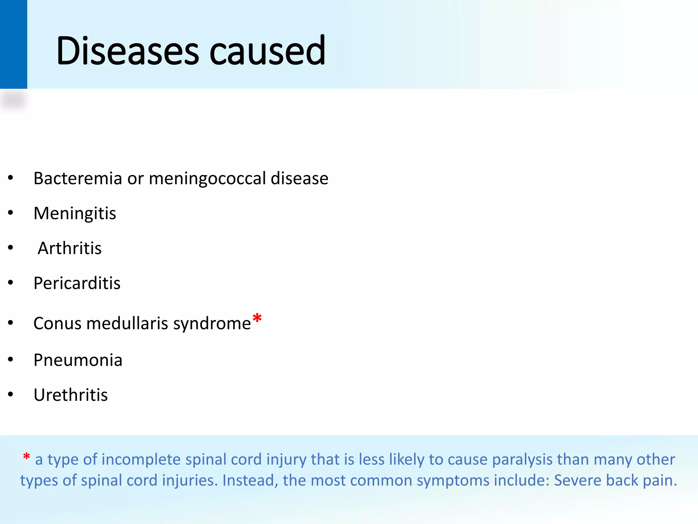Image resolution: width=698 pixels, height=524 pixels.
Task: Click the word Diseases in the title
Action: (127, 51)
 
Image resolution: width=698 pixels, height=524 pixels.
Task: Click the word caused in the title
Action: (267, 51)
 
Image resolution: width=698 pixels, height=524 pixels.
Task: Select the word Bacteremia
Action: (78, 178)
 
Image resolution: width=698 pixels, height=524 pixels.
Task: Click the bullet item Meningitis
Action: (75, 214)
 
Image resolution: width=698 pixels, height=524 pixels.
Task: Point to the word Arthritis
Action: (70, 248)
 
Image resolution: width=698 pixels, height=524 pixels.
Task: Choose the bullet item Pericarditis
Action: (77, 283)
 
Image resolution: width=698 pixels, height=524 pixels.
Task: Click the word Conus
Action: (57, 323)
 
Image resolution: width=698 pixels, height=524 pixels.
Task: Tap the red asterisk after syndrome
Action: (257, 319)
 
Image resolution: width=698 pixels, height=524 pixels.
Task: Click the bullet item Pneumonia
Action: (78, 360)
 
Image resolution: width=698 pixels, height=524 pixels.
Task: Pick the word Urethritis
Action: (71, 395)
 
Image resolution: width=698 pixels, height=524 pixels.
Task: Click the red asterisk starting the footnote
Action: (26, 457)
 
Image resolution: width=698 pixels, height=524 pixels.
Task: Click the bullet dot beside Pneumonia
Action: (11, 359)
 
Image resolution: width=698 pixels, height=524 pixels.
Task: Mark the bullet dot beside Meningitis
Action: (11, 213)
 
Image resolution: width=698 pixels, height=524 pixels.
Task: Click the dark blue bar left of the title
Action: (13, 44)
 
